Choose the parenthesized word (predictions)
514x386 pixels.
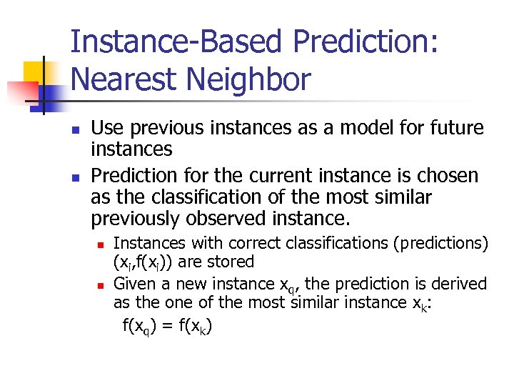(x=440, y=244)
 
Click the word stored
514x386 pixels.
(x=227, y=262)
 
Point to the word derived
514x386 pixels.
(x=458, y=284)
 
